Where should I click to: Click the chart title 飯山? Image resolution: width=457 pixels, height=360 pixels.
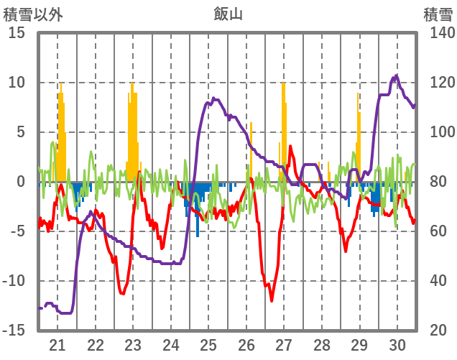[228, 14]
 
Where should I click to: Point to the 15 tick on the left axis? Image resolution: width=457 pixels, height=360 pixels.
[16, 33]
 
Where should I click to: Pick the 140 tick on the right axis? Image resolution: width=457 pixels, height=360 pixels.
[438, 33]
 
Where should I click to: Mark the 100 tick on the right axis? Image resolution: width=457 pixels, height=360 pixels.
[438, 132]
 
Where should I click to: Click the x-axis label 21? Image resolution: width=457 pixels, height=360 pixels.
[57, 344]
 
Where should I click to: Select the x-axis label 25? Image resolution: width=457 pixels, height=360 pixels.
[208, 344]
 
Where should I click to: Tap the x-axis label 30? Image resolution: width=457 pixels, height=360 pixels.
[397, 344]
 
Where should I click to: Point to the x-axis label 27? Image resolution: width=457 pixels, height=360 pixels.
[284, 344]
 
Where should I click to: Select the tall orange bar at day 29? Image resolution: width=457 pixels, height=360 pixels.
[358, 137]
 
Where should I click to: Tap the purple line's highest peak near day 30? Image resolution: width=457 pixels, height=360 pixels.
[396, 75]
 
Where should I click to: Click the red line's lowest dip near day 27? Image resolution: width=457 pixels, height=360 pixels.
[272, 300]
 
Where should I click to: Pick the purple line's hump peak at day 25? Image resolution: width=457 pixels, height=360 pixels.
[213, 98]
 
